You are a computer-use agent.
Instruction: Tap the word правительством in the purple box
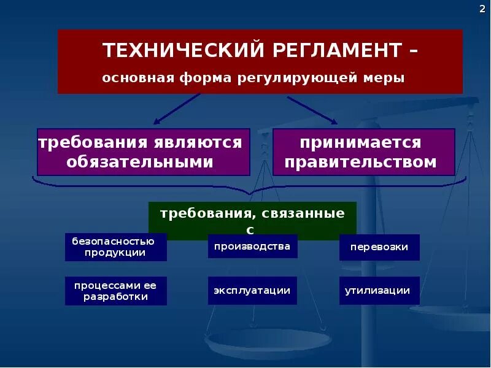click(x=360, y=163)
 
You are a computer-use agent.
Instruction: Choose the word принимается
click(x=360, y=143)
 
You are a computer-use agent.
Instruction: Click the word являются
click(x=197, y=143)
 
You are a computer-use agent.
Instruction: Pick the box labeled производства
click(x=252, y=247)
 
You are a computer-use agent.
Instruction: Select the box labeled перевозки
click(x=379, y=247)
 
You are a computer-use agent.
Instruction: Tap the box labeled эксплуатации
click(x=252, y=291)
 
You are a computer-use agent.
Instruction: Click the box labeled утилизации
click(x=379, y=291)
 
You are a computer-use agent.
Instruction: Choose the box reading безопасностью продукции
click(x=115, y=247)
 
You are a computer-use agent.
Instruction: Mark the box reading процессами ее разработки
click(x=115, y=291)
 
